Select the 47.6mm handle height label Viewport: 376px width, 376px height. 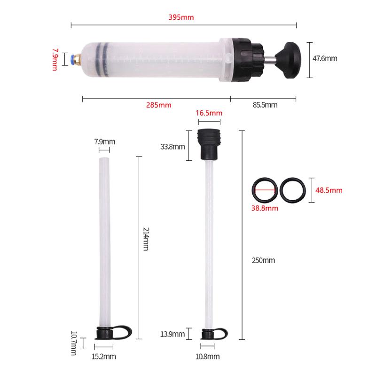(x=325, y=59)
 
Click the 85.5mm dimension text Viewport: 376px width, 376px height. (x=265, y=105)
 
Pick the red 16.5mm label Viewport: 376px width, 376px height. (x=208, y=113)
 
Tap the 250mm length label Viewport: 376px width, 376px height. (x=263, y=260)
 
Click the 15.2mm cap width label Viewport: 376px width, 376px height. (x=103, y=357)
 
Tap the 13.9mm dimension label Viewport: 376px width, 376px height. (x=172, y=334)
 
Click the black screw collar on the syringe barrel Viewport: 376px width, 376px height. (x=245, y=59)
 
